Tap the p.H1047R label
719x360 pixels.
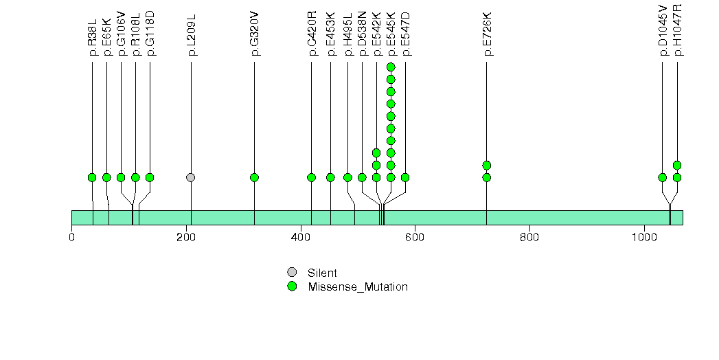click(x=678, y=30)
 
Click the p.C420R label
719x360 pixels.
click(x=312, y=34)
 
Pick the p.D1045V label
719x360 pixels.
click(x=663, y=30)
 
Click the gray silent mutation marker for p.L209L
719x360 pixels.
click(x=191, y=177)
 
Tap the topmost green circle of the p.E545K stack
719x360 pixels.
click(x=391, y=67)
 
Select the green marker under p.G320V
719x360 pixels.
click(x=255, y=177)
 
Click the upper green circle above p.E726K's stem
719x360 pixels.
click(x=487, y=165)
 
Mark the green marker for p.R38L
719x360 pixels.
click(x=92, y=177)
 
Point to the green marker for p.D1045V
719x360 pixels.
click(x=663, y=177)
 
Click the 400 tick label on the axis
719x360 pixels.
click(x=301, y=238)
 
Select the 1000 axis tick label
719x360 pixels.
click(x=644, y=238)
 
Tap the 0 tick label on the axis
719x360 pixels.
click(x=71, y=238)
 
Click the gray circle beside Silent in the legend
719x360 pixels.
click(x=292, y=273)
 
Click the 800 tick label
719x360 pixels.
click(x=529, y=238)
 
